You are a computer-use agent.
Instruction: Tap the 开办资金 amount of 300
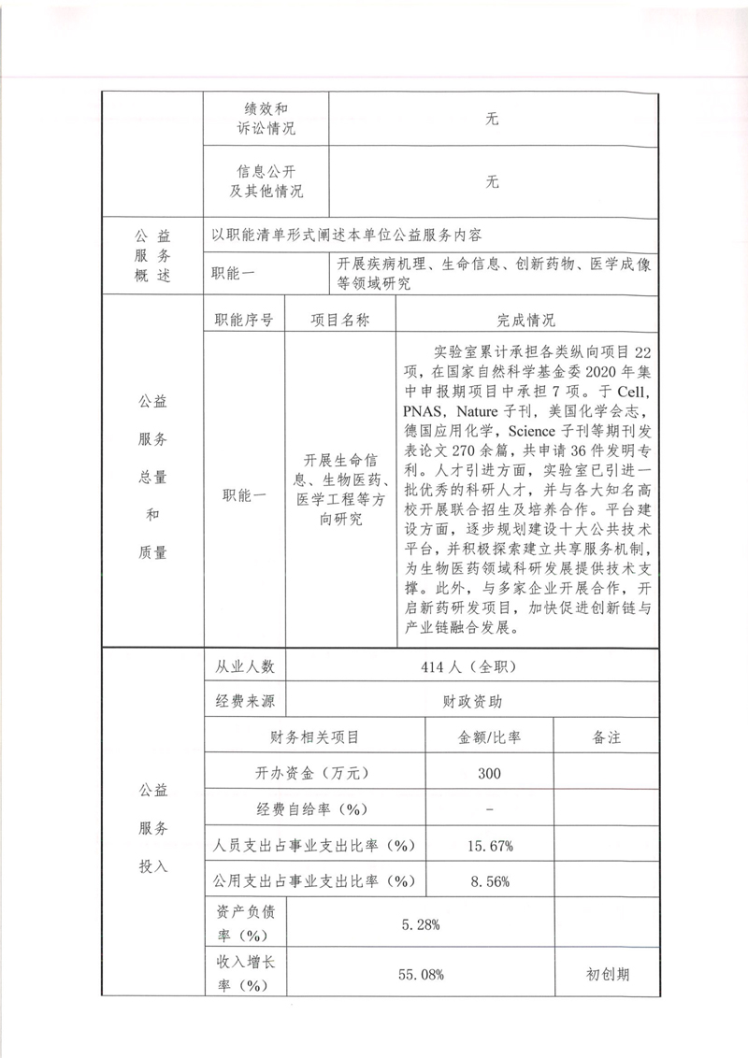[x=488, y=773]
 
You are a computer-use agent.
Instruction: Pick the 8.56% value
[x=490, y=880]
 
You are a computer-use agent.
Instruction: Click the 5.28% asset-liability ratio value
[x=421, y=924]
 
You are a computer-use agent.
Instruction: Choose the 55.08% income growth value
[x=421, y=975]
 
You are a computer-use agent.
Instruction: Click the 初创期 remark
[x=608, y=975]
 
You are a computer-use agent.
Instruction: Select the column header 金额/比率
[x=490, y=737]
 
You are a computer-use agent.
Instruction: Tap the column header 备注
[x=607, y=737]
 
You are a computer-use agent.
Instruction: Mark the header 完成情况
[x=526, y=321]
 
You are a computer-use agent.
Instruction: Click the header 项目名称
[x=340, y=321]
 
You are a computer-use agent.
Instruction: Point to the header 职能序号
[x=244, y=321]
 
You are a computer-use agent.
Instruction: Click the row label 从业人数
[x=245, y=666]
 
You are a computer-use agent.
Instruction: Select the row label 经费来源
[x=245, y=701]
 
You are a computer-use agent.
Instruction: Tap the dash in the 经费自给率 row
[x=490, y=809]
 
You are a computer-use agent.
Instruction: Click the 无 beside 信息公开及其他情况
[x=493, y=182]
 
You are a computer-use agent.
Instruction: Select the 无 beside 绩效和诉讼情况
[x=493, y=119]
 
